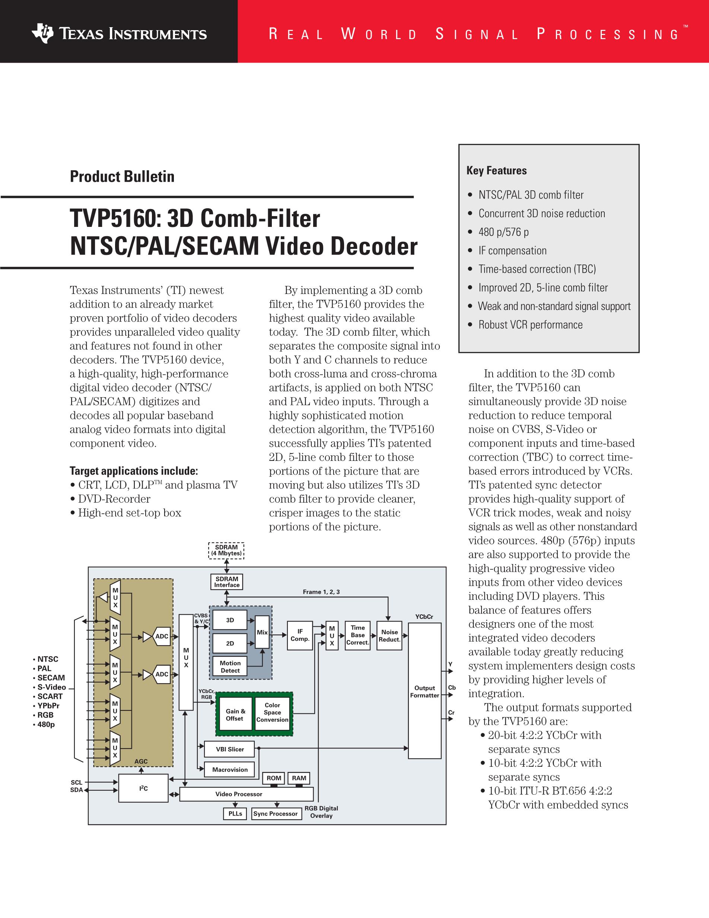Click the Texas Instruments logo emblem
pyautogui.click(x=42, y=33)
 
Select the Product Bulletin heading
pyautogui.click(x=122, y=177)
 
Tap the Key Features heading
pyautogui.click(x=496, y=171)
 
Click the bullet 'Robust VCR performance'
pyautogui.click(x=530, y=325)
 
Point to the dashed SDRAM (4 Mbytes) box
pyautogui.click(x=226, y=550)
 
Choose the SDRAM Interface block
pyautogui.click(x=227, y=582)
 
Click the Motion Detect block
pyautogui.click(x=230, y=667)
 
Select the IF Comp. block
pyautogui.click(x=300, y=635)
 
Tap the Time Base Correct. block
pyautogui.click(x=357, y=635)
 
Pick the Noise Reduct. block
pyautogui.click(x=390, y=636)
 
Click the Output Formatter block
pyautogui.click(x=425, y=691)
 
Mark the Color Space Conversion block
pyautogui.click(x=272, y=712)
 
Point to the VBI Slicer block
pyautogui.click(x=230, y=749)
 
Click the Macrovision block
pyautogui.click(x=230, y=770)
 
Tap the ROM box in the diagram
pyautogui.click(x=274, y=778)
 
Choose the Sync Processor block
pyautogui.click(x=276, y=814)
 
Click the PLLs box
pyautogui.click(x=235, y=814)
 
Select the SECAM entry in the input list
pyautogui.click(x=51, y=678)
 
